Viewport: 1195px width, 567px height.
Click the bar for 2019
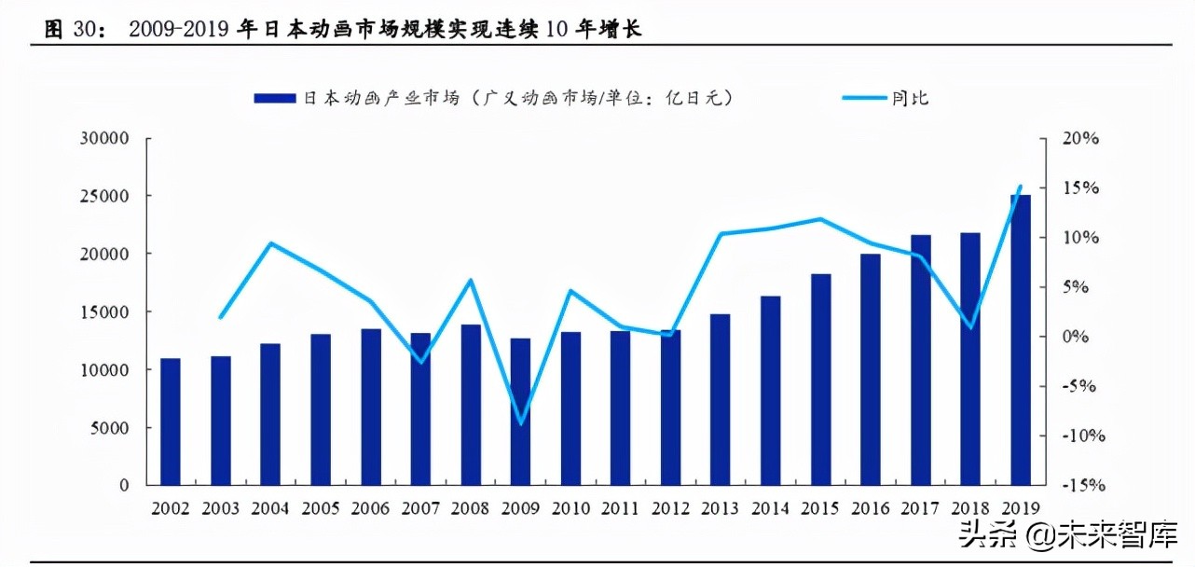tap(1021, 339)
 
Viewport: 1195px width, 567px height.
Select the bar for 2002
tap(170, 422)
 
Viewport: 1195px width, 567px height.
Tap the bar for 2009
tap(521, 411)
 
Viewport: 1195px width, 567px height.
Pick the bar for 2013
tap(721, 399)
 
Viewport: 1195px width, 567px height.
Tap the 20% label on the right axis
tap(1081, 138)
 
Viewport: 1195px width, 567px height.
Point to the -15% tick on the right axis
tap(1085, 486)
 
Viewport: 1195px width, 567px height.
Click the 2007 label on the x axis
tap(420, 509)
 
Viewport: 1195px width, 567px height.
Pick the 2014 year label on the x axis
tap(771, 509)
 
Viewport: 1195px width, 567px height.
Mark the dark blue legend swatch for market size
tap(274, 98)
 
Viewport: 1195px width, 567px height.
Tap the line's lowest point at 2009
tap(521, 423)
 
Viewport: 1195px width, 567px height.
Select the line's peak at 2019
tap(1021, 187)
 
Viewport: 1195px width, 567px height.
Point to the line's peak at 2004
tap(270, 243)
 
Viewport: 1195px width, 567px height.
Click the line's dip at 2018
tap(970, 327)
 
